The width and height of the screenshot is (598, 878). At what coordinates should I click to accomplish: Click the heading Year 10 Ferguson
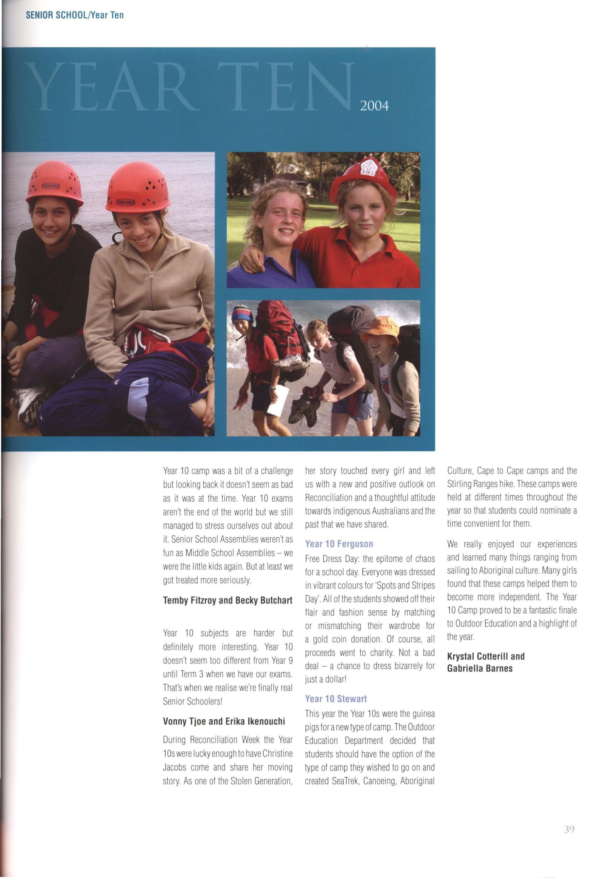(339, 544)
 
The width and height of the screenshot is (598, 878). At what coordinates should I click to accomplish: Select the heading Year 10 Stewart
(336, 699)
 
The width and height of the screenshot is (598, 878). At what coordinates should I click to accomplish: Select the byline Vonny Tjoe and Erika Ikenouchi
(224, 721)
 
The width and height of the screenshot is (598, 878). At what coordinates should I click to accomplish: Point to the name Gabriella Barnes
(479, 668)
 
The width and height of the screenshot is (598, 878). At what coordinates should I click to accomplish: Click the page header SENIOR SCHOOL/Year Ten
(75, 15)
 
